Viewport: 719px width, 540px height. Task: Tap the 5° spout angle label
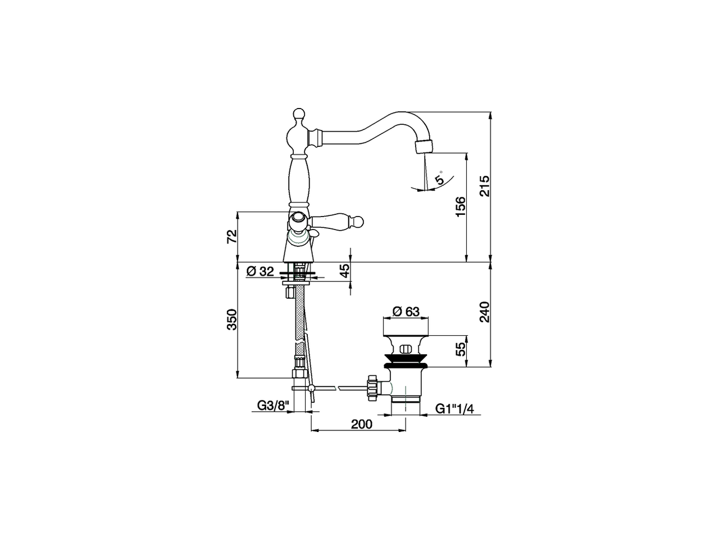(x=440, y=178)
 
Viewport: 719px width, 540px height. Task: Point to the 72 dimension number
(x=231, y=236)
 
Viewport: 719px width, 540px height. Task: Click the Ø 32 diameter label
(x=260, y=272)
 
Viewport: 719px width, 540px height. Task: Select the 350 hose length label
(x=231, y=319)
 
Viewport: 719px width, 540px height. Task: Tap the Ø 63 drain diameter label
(x=406, y=311)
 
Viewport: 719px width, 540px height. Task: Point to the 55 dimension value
(x=461, y=349)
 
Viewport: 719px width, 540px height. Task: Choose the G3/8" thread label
(x=272, y=406)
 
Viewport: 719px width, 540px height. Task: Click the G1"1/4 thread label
(x=455, y=409)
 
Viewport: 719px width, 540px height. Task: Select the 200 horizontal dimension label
(x=362, y=424)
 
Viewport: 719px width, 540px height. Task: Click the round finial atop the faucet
(x=298, y=115)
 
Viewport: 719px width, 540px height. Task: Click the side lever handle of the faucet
(x=337, y=219)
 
